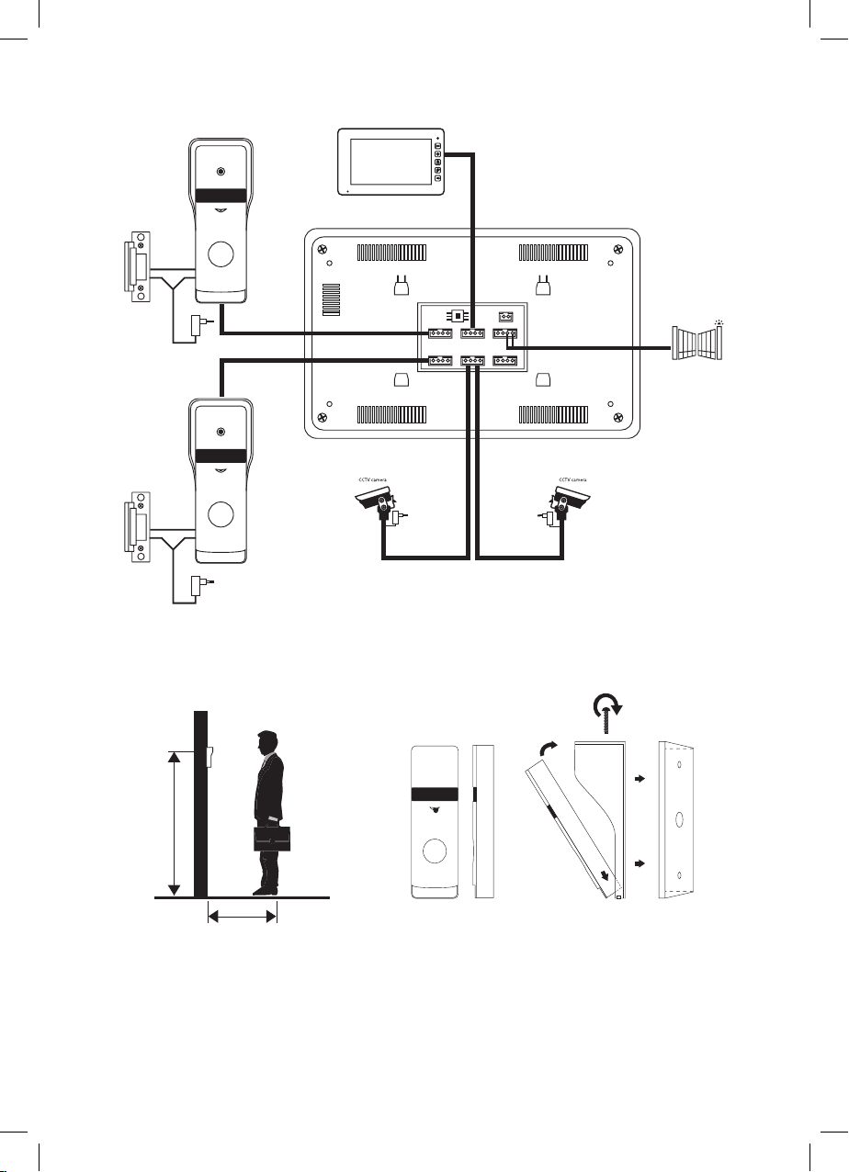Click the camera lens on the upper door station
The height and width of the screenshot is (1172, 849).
(221, 172)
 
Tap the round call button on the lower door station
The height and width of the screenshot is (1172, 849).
(221, 514)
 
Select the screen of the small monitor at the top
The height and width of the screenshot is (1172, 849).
(391, 161)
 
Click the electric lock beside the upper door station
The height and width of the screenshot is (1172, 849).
(137, 267)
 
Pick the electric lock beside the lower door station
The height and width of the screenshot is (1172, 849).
(137, 527)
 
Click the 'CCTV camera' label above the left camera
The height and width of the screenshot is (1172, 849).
(373, 479)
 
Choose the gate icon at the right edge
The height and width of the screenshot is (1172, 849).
(697, 343)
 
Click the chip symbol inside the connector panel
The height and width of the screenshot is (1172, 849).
(458, 316)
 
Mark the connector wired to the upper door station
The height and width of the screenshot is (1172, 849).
(440, 333)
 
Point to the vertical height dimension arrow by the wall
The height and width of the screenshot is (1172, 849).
(175, 823)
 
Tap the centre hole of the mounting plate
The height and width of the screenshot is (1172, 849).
(679, 818)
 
